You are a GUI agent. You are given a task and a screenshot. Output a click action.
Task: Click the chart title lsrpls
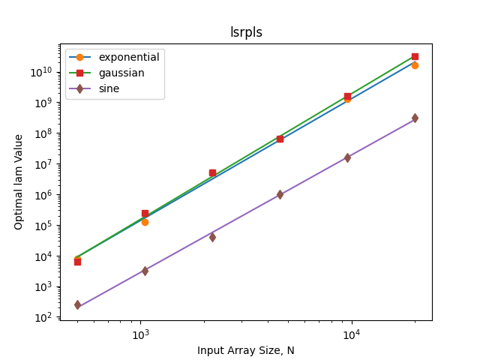[246, 32]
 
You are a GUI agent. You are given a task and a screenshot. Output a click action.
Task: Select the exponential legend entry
[114, 57]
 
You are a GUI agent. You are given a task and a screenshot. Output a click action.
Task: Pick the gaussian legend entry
[106, 73]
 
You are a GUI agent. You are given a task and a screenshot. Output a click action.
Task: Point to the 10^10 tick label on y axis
[41, 72]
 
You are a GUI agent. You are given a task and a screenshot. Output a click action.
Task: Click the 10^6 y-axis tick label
[43, 195]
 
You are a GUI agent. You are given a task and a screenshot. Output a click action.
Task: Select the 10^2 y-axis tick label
[43, 318]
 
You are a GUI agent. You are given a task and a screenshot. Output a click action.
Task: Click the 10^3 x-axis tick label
[140, 335]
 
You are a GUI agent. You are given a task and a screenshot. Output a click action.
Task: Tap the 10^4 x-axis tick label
[352, 335]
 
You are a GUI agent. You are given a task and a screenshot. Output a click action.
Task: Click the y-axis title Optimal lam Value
[18, 182]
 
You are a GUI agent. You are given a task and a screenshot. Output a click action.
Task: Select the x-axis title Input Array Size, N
[246, 350]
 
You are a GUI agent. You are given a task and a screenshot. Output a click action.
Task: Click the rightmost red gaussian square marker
[415, 57]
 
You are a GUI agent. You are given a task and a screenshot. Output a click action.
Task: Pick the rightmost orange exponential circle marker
[415, 65]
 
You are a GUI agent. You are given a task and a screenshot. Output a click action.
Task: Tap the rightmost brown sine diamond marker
[415, 118]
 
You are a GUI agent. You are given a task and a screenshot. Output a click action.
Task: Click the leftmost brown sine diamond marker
[78, 305]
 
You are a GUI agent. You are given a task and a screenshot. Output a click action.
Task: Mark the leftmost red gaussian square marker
[78, 262]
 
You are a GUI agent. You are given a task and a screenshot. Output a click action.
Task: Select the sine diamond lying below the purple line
[212, 237]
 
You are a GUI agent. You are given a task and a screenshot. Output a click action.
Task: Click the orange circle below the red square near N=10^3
[145, 222]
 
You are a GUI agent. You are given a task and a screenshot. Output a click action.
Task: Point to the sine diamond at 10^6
[280, 194]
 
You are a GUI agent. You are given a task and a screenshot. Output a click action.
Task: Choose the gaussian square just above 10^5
[145, 213]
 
